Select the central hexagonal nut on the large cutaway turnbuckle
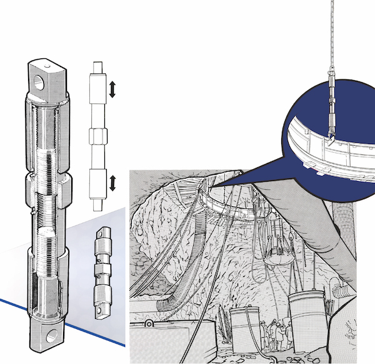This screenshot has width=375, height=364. tap(48, 186)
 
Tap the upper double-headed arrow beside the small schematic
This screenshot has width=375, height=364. tap(112, 89)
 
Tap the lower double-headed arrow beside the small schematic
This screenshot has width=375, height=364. tap(112, 184)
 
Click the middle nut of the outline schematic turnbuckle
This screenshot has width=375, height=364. tap(99, 136)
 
